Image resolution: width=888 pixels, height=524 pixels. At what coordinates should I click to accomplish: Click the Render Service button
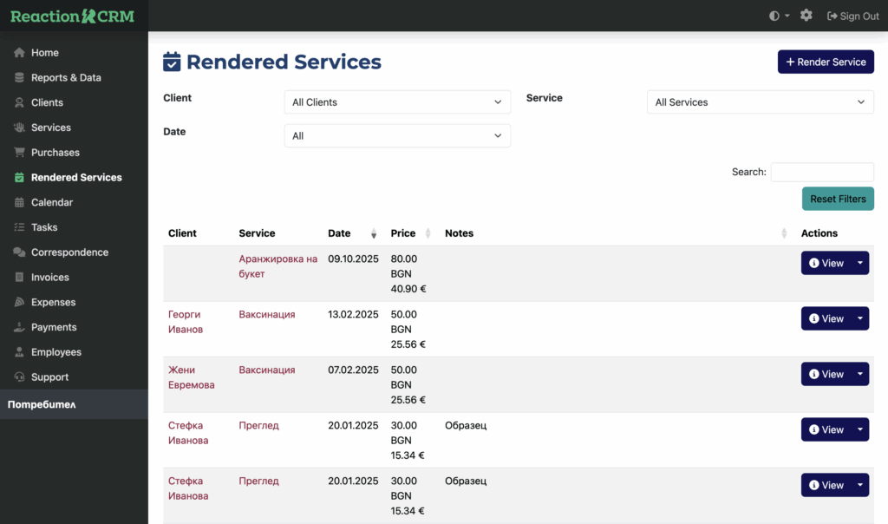(x=826, y=62)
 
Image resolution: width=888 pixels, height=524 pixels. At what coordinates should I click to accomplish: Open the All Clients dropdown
(x=397, y=102)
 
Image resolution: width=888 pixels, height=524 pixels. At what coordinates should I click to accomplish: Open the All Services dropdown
(x=760, y=102)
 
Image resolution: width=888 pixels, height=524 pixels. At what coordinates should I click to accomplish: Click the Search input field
(x=821, y=172)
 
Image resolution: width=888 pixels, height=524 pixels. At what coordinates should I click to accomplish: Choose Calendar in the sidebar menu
(x=51, y=202)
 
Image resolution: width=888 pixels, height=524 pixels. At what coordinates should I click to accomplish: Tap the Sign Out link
(x=852, y=16)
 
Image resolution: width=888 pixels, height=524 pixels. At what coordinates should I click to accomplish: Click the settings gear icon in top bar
(x=806, y=16)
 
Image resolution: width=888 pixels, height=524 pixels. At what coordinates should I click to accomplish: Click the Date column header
(x=340, y=233)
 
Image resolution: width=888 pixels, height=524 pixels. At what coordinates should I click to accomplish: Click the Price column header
(x=403, y=233)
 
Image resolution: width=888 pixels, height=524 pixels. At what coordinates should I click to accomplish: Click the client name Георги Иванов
(x=186, y=322)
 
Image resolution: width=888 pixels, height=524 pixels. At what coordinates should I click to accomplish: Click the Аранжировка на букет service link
(x=277, y=266)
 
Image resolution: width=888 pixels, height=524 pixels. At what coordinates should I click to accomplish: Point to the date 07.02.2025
(x=353, y=370)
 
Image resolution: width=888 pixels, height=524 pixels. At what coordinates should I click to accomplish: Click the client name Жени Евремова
(x=191, y=377)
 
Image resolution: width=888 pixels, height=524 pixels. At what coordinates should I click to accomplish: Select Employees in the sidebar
(x=55, y=352)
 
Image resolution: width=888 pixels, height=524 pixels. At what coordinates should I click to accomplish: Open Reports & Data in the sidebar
(x=65, y=77)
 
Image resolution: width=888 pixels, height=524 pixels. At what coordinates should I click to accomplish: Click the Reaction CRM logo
(x=72, y=16)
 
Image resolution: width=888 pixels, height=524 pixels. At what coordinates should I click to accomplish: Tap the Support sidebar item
(x=49, y=377)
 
